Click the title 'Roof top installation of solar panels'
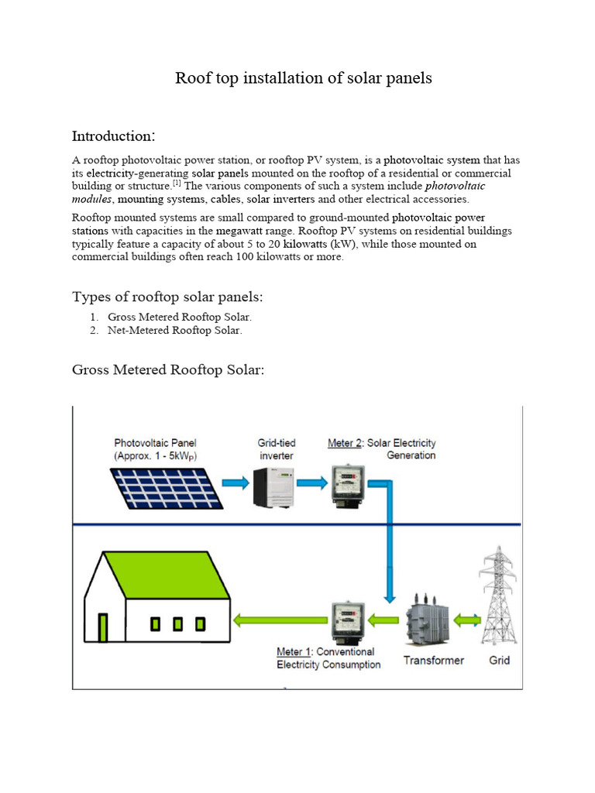point(303,78)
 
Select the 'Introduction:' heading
point(113,136)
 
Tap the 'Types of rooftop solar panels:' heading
point(172,297)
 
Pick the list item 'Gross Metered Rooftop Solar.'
point(180,317)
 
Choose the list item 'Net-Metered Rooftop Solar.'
point(175,330)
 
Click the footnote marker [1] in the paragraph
point(177,183)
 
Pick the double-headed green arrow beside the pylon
point(467,620)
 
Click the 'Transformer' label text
point(433,661)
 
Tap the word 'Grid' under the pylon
point(500,661)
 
